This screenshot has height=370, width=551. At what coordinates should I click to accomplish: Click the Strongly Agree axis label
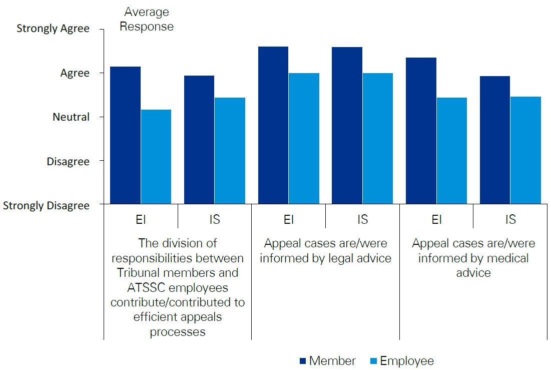(53, 29)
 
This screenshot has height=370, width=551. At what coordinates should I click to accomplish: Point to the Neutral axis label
(71, 117)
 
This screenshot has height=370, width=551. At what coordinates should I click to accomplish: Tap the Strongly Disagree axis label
(47, 206)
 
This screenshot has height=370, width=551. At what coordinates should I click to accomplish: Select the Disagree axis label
(68, 162)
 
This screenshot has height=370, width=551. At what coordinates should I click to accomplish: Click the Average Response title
(147, 19)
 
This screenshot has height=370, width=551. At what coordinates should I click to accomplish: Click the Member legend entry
(327, 361)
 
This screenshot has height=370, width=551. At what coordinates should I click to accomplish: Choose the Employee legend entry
(401, 361)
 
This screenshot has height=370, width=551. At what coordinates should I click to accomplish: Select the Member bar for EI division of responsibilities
(126, 135)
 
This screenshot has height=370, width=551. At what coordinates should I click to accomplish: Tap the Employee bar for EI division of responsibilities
(156, 157)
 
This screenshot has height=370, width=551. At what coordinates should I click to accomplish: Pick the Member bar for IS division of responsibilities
(199, 140)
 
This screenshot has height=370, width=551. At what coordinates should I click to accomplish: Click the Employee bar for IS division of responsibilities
(230, 151)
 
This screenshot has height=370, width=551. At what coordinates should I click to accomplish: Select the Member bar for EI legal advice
(273, 125)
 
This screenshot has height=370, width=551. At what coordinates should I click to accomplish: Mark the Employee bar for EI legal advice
(304, 139)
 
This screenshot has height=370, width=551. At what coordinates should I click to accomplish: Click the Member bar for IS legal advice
(347, 125)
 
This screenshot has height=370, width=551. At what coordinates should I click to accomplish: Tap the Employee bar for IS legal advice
(377, 139)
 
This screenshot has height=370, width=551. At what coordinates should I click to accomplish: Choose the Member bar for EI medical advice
(421, 131)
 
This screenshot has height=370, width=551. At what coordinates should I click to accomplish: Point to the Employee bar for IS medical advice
(525, 150)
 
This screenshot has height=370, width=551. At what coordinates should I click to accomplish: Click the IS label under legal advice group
(362, 219)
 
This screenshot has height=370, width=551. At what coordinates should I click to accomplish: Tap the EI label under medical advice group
(436, 219)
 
